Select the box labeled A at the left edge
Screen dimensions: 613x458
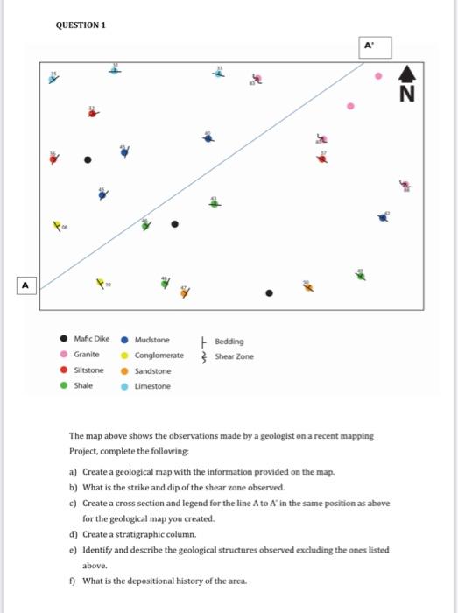point(25,285)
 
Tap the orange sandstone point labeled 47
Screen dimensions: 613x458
point(184,293)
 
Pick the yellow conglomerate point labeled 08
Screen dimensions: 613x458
point(59,225)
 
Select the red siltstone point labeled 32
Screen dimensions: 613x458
point(91,113)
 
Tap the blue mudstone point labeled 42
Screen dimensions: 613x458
point(383,217)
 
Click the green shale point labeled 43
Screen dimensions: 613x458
point(213,203)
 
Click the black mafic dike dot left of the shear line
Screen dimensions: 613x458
point(87,160)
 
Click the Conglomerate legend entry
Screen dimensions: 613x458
point(159,356)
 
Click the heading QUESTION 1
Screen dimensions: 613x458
point(80,25)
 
